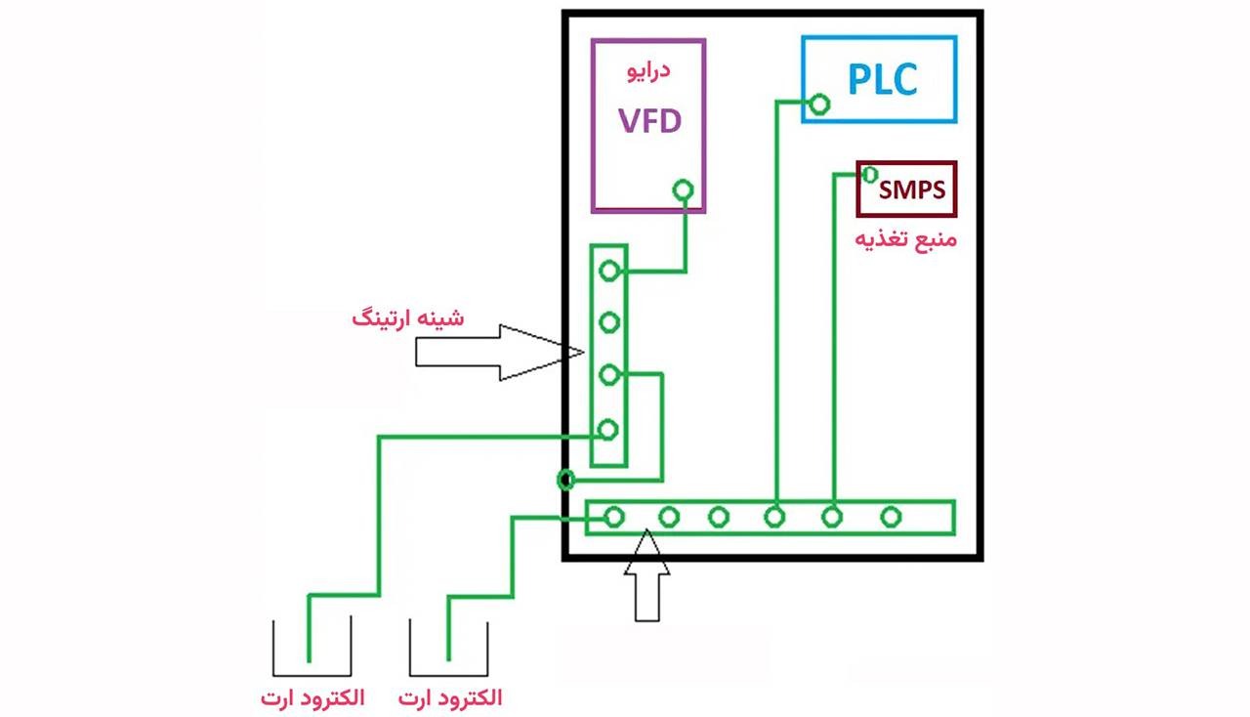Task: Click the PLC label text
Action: point(882,79)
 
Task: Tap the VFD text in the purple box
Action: point(648,122)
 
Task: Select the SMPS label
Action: point(912,189)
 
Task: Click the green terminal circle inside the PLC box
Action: point(820,104)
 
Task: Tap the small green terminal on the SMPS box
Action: point(868,174)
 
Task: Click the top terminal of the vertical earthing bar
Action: point(609,271)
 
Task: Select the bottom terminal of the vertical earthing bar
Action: point(609,429)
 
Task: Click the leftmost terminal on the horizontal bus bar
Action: point(613,517)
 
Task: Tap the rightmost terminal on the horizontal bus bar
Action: point(890,517)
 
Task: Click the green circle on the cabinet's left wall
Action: point(564,480)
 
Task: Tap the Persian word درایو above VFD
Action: point(647,71)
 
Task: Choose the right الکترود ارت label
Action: point(451,698)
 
